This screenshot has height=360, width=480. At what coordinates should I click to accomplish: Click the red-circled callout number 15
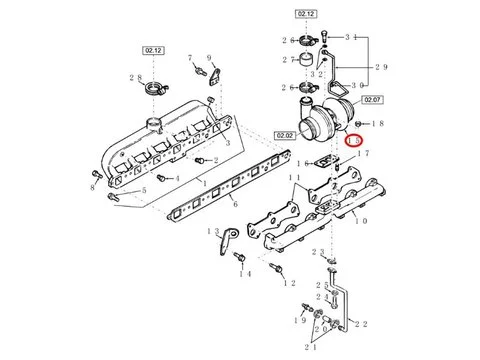point(355,141)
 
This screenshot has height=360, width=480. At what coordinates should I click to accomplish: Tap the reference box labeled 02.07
point(373,100)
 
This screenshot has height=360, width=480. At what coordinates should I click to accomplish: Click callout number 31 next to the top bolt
point(351,37)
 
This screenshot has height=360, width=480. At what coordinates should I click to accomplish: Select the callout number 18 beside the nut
point(375,120)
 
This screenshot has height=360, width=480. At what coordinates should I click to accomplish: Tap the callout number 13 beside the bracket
point(213,231)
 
